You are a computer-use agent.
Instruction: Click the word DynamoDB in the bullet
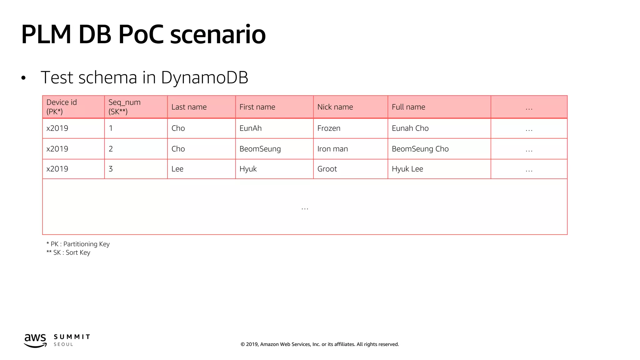204,77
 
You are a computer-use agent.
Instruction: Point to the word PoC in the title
141,34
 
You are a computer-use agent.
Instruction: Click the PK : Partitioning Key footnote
78,244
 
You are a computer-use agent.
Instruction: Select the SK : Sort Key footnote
68,252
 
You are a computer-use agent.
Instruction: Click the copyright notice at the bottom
320,344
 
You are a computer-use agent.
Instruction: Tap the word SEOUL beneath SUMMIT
63,344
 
